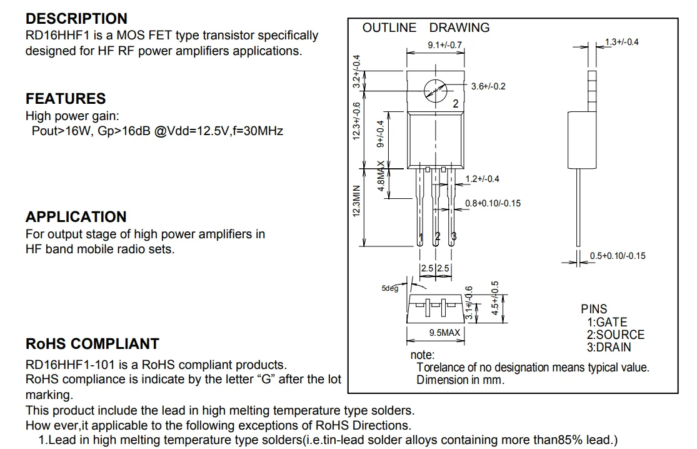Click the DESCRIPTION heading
coord(76,19)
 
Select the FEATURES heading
coord(66,99)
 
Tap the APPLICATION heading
coord(76,217)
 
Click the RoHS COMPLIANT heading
coord(92,344)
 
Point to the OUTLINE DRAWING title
coord(426,28)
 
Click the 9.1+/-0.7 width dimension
coord(444,45)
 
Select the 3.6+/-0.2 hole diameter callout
coord(488,86)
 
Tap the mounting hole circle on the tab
coord(435,92)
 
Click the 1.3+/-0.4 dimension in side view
coord(621,42)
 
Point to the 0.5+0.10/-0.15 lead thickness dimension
coord(618,256)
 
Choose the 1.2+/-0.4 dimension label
coord(482,179)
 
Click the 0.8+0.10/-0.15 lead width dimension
coord(493,203)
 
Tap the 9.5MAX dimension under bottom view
coord(444,333)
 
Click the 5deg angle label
coord(389,288)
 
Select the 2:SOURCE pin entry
coord(615,335)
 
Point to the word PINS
coord(594,310)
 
